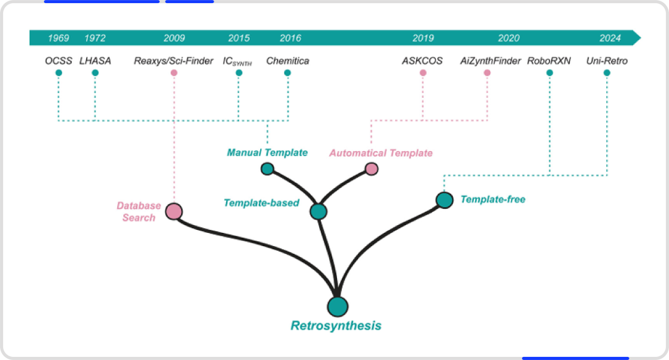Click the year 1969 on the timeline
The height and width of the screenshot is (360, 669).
coord(58,38)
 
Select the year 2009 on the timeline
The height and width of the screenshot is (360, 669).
coord(174,38)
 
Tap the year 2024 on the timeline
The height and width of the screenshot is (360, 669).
coord(610,38)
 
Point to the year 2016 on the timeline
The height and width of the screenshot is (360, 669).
coord(290,38)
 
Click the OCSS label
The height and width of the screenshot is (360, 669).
coord(58,61)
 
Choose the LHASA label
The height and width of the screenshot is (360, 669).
coord(95,61)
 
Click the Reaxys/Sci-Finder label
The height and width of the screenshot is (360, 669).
coord(173,61)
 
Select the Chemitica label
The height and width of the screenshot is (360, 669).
coord(287,61)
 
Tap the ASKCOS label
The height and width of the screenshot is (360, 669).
coord(422,61)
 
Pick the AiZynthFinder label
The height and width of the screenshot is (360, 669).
coord(490,61)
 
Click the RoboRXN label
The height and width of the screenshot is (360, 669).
coord(549,61)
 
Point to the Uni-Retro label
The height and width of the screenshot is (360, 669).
coord(606,61)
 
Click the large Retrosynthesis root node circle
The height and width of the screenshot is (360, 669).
coord(338,306)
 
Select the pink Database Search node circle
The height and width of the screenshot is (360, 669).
coord(173,211)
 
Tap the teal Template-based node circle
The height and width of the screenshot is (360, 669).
coord(318,211)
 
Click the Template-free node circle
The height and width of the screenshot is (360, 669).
coord(445,200)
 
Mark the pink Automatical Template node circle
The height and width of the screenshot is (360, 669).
coord(372,169)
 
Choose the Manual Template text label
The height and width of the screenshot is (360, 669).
coord(267,152)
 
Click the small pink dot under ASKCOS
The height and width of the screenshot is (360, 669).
coord(423,73)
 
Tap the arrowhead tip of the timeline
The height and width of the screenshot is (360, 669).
coord(641,38)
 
